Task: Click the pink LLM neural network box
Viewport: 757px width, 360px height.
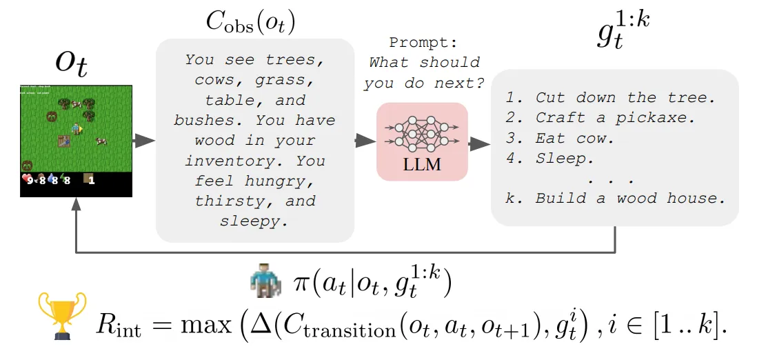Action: pos(422,141)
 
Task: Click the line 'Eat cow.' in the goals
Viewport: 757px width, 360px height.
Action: pos(574,138)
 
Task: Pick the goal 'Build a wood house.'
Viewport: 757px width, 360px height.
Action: pos(630,199)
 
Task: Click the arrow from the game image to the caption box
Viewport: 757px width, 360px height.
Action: pos(143,141)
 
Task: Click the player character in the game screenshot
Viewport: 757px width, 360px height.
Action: pos(76,128)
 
